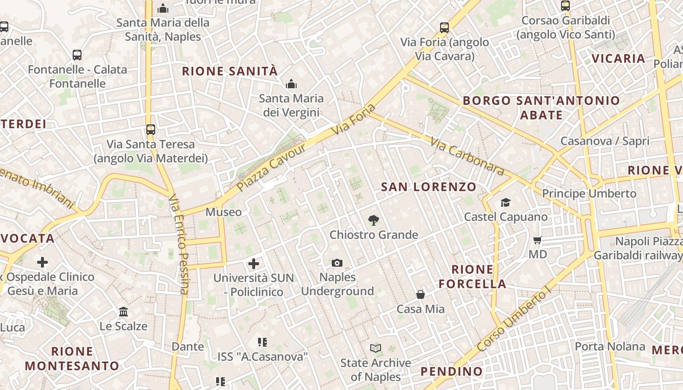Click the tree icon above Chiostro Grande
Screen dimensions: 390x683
pyautogui.click(x=374, y=220)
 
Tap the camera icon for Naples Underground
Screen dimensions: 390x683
pyautogui.click(x=337, y=263)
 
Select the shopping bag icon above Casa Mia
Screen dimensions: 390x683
pyautogui.click(x=420, y=294)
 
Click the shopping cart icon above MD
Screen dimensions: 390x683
pyautogui.click(x=538, y=240)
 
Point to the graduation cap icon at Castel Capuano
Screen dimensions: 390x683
pyautogui.click(x=505, y=202)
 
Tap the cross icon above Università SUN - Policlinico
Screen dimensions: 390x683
pyautogui.click(x=254, y=264)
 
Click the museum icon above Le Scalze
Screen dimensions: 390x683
pyautogui.click(x=123, y=312)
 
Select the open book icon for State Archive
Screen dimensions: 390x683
pyautogui.click(x=375, y=348)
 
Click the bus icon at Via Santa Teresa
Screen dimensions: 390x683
pyautogui.click(x=151, y=130)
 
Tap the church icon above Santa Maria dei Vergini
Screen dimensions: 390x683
pyautogui.click(x=291, y=84)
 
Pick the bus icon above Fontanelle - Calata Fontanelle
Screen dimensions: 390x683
pyautogui.click(x=77, y=55)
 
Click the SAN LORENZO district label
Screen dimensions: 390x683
pyautogui.click(x=428, y=187)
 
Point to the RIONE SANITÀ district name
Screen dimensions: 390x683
pyautogui.click(x=230, y=71)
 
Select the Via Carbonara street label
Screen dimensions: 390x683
pyautogui.click(x=467, y=156)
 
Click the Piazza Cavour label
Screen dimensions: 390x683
pyautogui.click(x=271, y=167)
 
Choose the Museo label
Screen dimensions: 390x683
pyautogui.click(x=223, y=212)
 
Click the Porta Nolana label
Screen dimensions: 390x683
pyautogui.click(x=610, y=347)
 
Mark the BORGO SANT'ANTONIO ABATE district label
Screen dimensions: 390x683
pyautogui.click(x=541, y=108)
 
